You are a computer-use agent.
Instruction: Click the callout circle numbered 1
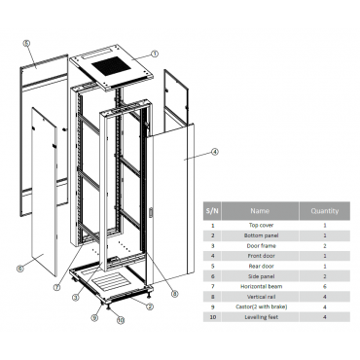(155, 54)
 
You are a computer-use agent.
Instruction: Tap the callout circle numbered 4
(215, 152)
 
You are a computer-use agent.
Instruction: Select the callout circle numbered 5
(26, 43)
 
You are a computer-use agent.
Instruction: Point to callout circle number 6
(20, 269)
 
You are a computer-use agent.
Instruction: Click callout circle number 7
(57, 287)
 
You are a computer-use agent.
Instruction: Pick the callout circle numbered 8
(175, 294)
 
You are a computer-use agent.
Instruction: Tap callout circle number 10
(121, 320)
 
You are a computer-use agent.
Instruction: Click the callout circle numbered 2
(150, 306)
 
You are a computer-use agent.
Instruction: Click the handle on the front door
(150, 213)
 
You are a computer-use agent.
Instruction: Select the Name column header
(260, 211)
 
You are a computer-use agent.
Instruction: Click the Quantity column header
(325, 211)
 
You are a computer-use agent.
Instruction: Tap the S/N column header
(212, 211)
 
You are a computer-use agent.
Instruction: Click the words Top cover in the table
(261, 225)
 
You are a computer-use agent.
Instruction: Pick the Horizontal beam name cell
(261, 286)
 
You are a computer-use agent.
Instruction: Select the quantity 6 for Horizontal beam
(325, 286)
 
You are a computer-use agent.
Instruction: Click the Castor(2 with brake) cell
(261, 306)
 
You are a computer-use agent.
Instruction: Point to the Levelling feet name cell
(261, 317)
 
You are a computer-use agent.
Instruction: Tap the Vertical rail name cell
(261, 297)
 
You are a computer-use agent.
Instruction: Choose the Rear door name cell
(261, 266)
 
